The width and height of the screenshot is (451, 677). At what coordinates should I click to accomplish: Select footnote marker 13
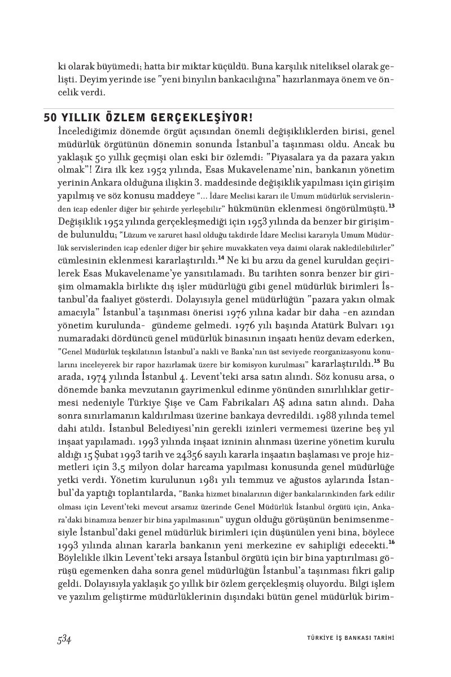pyautogui.click(x=391, y=205)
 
